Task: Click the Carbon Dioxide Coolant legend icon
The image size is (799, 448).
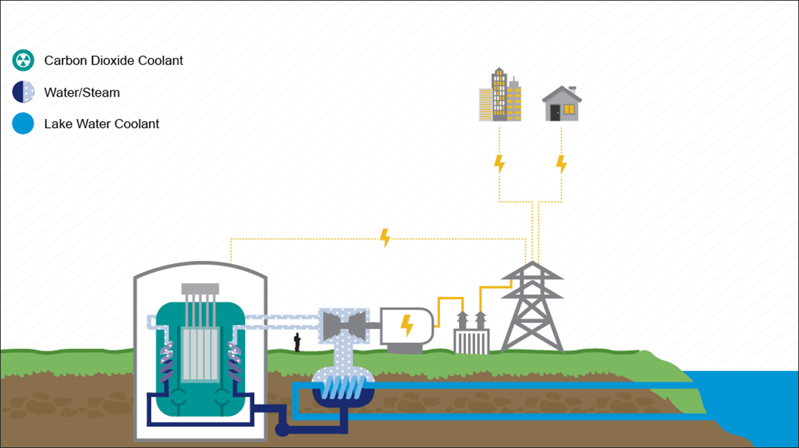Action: tap(23, 60)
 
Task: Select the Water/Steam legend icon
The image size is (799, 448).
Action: tap(23, 92)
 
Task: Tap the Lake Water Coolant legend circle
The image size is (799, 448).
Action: tap(23, 124)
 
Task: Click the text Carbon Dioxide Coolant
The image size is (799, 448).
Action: tap(114, 60)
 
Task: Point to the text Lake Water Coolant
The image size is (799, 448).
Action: tap(102, 124)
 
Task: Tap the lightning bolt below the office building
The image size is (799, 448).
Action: tap(499, 164)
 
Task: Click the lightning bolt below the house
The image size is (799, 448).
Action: tap(561, 164)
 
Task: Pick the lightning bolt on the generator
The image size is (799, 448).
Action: tap(406, 325)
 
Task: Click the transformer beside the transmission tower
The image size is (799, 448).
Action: tap(471, 333)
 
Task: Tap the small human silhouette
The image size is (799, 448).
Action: tap(297, 342)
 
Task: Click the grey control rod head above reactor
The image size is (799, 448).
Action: tap(200, 289)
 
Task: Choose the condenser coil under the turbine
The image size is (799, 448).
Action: tap(340, 384)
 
